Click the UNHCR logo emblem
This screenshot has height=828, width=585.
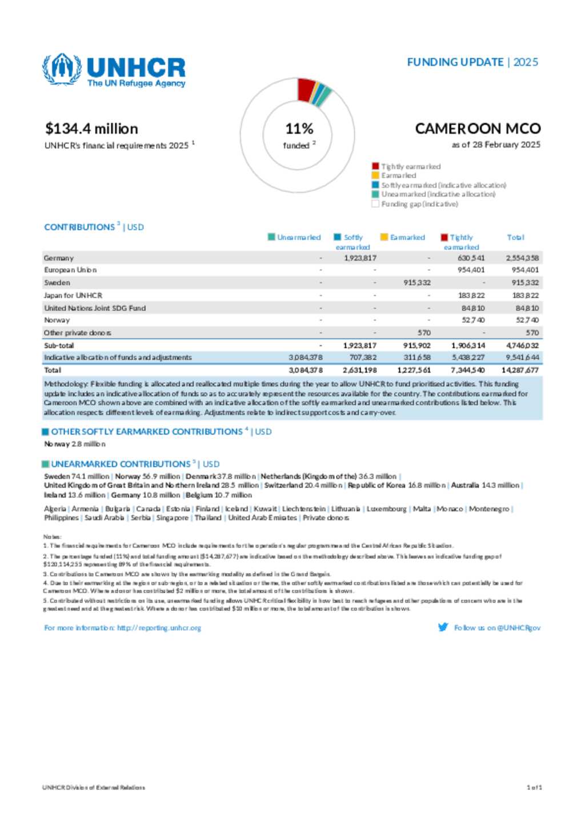(62, 69)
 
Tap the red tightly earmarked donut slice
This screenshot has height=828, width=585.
(306, 89)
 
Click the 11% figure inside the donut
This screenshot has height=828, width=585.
(299, 129)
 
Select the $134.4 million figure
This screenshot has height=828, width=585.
(91, 129)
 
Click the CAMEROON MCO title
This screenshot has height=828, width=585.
(477, 129)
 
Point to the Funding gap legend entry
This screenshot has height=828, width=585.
(419, 204)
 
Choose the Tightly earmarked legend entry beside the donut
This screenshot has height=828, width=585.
(410, 167)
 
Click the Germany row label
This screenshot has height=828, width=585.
(59, 258)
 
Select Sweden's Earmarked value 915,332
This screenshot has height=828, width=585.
(416, 283)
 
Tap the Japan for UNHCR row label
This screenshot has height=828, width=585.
(73, 295)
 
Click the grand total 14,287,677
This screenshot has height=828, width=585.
(519, 370)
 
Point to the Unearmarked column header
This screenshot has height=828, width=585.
(298, 238)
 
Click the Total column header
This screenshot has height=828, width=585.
(515, 238)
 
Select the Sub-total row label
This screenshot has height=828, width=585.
(59, 346)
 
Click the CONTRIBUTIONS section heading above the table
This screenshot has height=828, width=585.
(79, 227)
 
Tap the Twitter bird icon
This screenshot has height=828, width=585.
(443, 627)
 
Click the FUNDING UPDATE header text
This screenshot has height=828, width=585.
(455, 62)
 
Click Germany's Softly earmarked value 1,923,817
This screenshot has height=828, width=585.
(360, 258)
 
